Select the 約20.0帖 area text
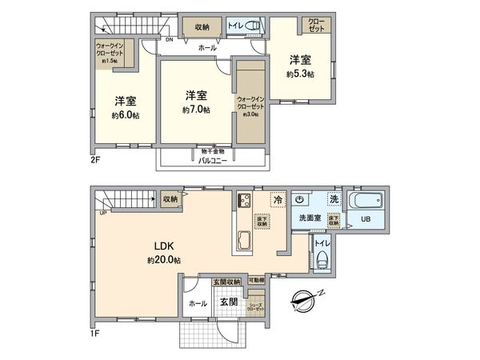tap(163, 261)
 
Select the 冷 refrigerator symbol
tap(277, 200)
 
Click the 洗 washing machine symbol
tap(334, 199)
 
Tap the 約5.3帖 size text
tap(299, 74)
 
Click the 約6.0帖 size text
tap(126, 114)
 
